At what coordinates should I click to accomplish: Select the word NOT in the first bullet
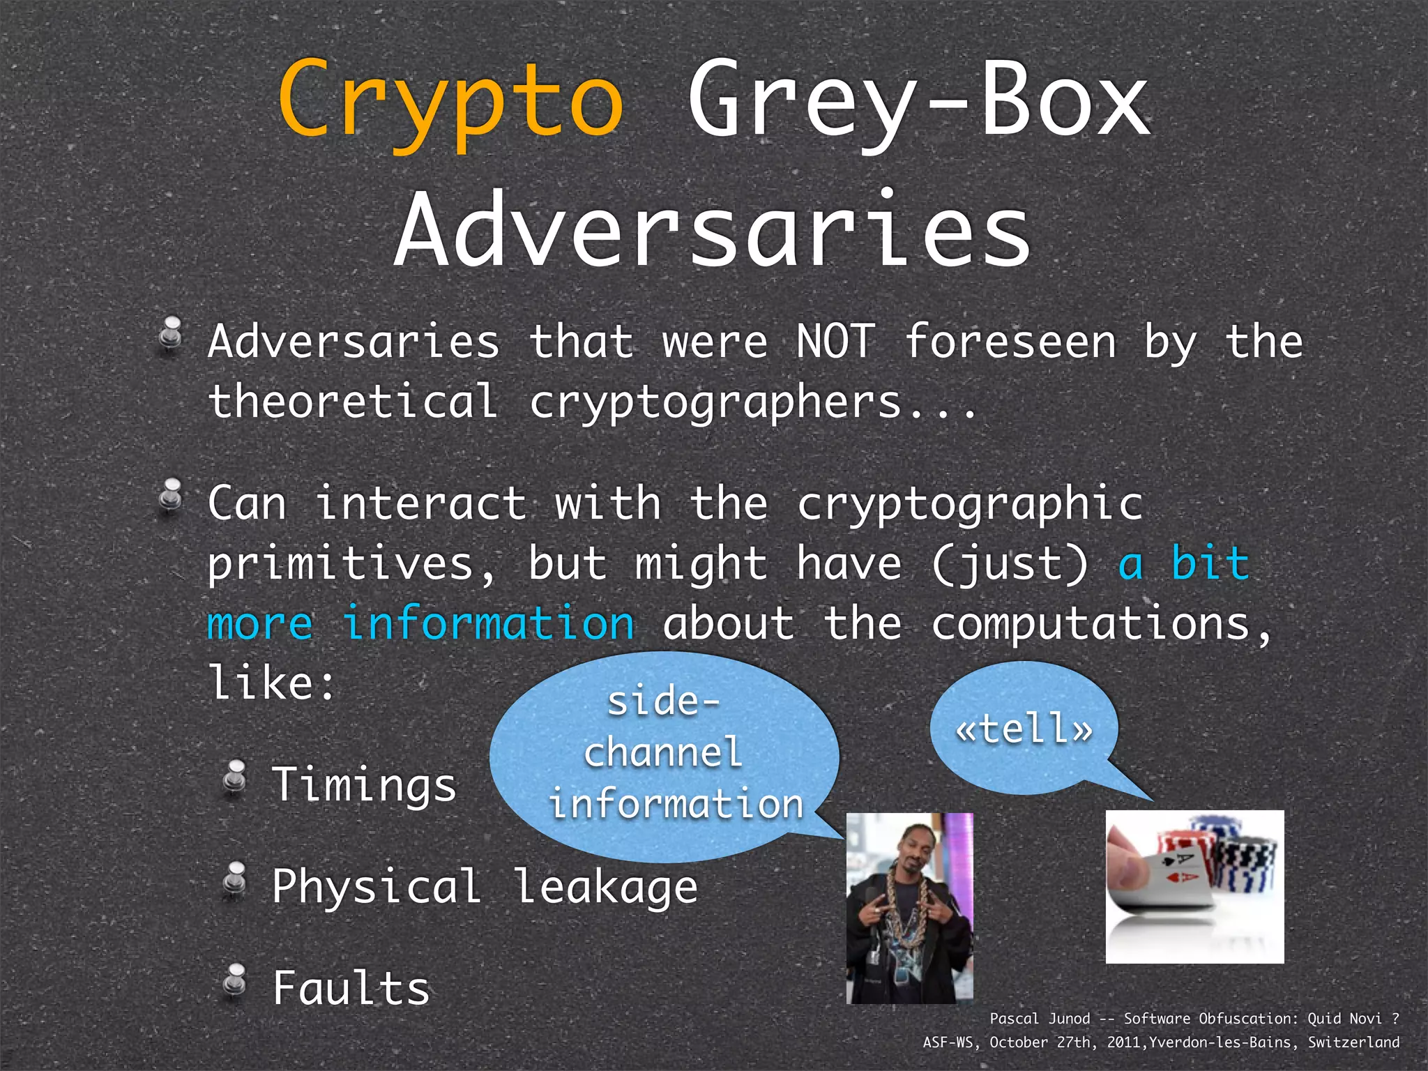tap(835, 342)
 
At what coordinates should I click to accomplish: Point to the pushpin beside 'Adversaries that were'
tap(171, 334)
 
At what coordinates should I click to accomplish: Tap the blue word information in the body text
tap(489, 623)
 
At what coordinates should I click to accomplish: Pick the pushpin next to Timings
tap(235, 777)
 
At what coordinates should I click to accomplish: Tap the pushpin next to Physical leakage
tap(235, 879)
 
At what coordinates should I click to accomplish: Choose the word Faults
tap(351, 988)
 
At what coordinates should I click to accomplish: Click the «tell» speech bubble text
tap(1024, 729)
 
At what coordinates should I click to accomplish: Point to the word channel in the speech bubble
tap(663, 752)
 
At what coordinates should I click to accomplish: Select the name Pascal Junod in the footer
tap(1039, 1019)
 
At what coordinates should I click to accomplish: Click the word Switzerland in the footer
tap(1353, 1042)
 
